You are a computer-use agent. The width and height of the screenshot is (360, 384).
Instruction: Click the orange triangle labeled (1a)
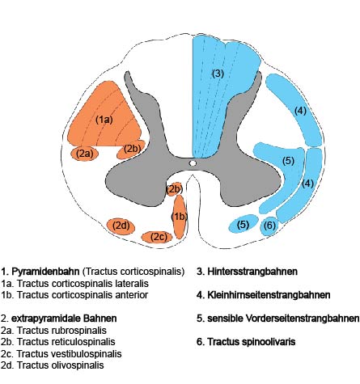pyautogui.click(x=104, y=119)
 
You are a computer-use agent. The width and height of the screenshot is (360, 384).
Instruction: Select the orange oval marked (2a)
pyautogui.click(x=85, y=154)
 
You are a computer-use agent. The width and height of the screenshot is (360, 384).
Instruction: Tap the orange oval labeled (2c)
pyautogui.click(x=157, y=237)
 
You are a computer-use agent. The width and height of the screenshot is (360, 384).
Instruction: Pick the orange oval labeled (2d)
pyautogui.click(x=121, y=226)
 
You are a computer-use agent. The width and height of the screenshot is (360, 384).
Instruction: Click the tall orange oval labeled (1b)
pyautogui.click(x=180, y=217)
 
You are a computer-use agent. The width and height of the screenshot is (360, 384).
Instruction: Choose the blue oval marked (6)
pyautogui.click(x=269, y=226)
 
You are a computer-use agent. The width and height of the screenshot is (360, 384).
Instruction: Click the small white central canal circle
pyautogui.click(x=193, y=163)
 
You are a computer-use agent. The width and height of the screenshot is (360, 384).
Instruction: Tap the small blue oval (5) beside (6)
pyautogui.click(x=244, y=224)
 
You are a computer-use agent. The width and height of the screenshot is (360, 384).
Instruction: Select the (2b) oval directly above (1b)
pyautogui.click(x=174, y=189)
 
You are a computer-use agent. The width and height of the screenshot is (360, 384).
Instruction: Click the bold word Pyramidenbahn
pyautogui.click(x=45, y=272)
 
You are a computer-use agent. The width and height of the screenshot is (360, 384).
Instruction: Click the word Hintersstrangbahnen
pyautogui.click(x=252, y=272)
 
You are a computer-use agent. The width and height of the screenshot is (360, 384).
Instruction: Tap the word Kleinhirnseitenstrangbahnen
pyautogui.click(x=269, y=295)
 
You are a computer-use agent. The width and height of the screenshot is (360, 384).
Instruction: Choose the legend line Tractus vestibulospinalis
pyautogui.click(x=70, y=354)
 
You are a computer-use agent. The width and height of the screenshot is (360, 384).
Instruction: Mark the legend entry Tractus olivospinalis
pyautogui.click(x=61, y=365)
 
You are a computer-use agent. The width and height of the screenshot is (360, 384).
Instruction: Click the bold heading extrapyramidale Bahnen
pyautogui.click(x=64, y=319)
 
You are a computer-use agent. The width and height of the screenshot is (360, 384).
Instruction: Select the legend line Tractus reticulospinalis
pyautogui.click(x=66, y=342)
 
